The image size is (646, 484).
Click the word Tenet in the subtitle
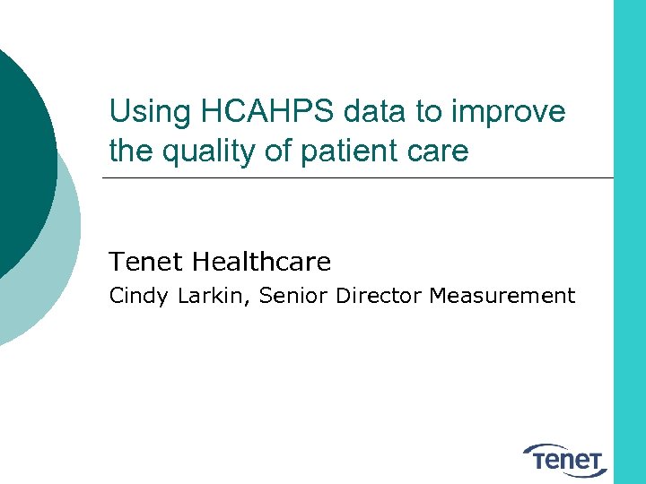click(x=147, y=262)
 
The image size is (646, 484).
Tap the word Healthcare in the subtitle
click(x=262, y=262)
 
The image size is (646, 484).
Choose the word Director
click(x=379, y=296)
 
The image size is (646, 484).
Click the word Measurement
click(x=502, y=296)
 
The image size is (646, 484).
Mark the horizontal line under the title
click(x=359, y=177)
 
